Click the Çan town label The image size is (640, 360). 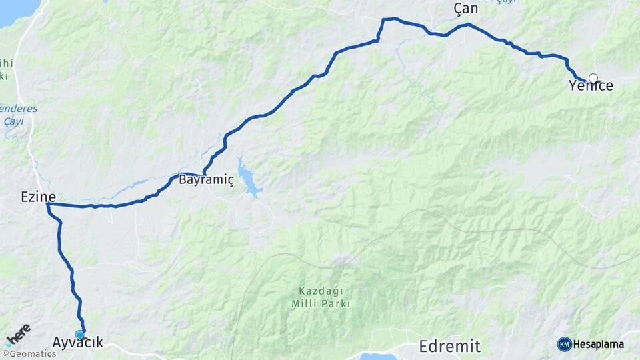tap(465, 9)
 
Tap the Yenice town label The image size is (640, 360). tap(591, 86)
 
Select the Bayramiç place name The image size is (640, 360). tap(206, 180)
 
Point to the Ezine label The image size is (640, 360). tap(38, 197)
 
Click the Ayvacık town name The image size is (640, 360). tap(78, 343)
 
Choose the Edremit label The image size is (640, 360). tap(449, 346)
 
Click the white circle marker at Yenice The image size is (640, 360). tap(593, 78)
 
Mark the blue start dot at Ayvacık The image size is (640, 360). tap(80, 335)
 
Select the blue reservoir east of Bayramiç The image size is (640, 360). tap(249, 179)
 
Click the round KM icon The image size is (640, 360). tap(564, 344)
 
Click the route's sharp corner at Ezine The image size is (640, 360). tap(48, 205)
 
